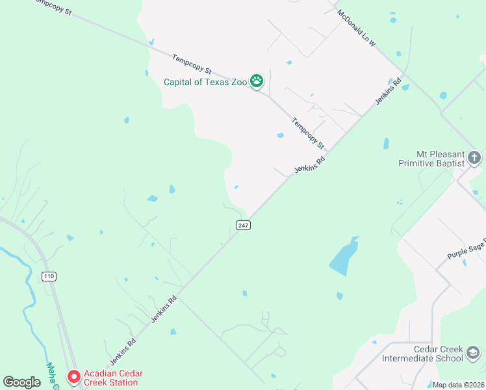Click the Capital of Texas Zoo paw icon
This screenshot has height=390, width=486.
pyautogui.click(x=257, y=81)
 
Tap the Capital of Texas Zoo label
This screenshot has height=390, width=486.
pyautogui.click(x=205, y=82)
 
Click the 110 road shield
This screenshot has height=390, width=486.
pyautogui.click(x=49, y=276)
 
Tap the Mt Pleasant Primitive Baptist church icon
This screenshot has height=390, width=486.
pyautogui.click(x=474, y=157)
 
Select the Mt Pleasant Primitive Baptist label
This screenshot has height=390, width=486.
pyautogui.click(x=431, y=159)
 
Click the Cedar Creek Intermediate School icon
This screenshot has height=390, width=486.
pyautogui.click(x=474, y=353)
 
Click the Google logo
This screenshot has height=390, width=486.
pyautogui.click(x=21, y=382)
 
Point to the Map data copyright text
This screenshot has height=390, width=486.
pyautogui.click(x=457, y=385)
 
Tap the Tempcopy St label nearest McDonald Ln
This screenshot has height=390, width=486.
pyautogui.click(x=307, y=133)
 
